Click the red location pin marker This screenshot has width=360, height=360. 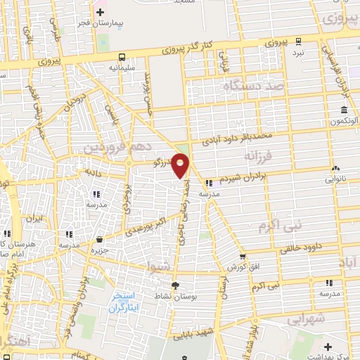click(181, 165)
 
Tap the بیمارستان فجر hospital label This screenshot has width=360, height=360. click(99, 24)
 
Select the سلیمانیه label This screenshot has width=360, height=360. click(122, 67)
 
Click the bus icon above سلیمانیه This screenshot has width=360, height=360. click(122, 56)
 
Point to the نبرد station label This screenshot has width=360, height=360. click(299, 53)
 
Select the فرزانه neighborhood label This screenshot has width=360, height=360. click(259, 153)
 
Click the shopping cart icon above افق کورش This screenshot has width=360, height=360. click(242, 257)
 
